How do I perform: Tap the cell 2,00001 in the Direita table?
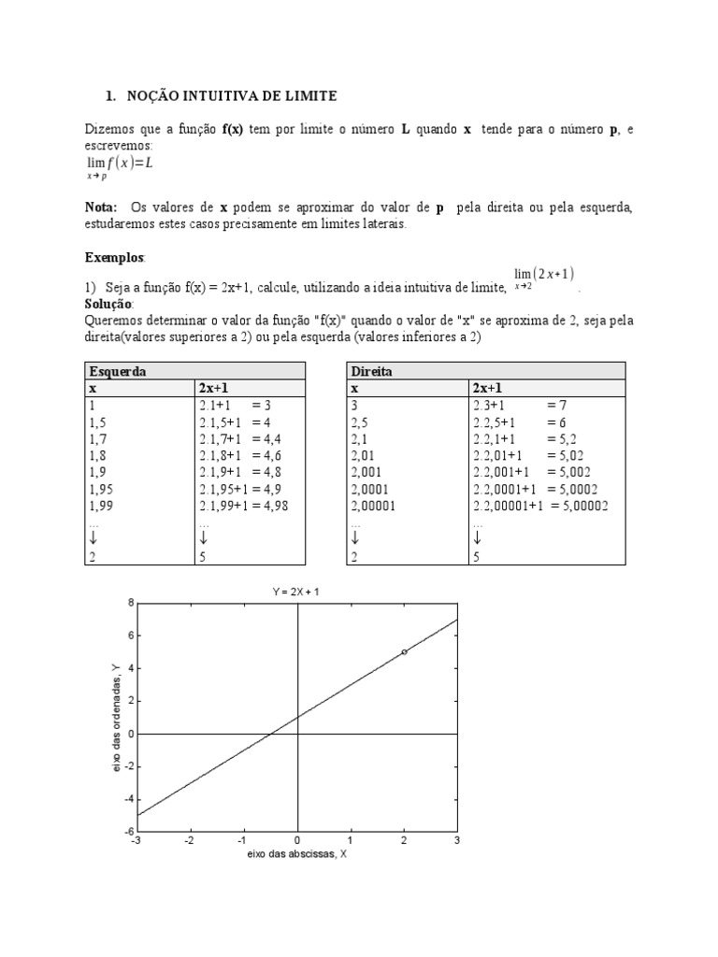(375, 506)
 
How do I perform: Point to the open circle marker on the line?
(404, 651)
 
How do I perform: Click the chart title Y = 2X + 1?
(297, 590)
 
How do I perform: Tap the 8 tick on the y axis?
(130, 603)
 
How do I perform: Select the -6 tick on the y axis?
(128, 832)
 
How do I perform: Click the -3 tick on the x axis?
(137, 841)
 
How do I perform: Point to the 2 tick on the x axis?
(404, 841)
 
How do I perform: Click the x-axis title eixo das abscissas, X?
(297, 854)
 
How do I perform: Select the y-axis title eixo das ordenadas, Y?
(114, 718)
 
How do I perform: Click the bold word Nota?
(101, 207)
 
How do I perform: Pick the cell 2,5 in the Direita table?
(360, 421)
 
